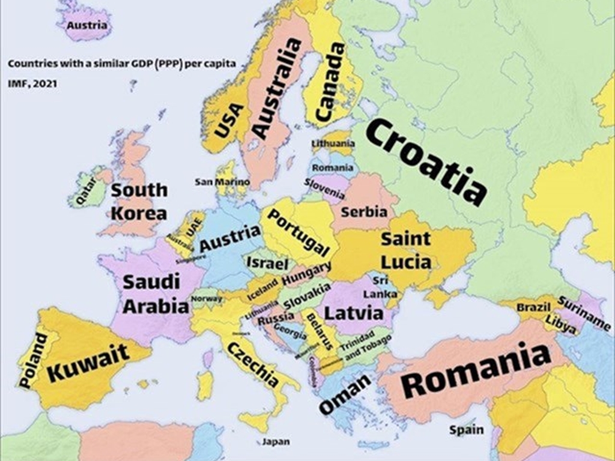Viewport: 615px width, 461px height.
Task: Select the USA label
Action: (x=229, y=120)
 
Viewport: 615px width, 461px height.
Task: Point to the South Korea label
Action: (x=139, y=201)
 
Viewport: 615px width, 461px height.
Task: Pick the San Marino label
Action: (x=222, y=181)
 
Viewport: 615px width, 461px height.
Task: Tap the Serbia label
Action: (x=364, y=212)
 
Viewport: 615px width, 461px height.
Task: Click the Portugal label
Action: (x=298, y=233)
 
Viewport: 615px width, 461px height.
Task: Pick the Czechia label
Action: (x=253, y=365)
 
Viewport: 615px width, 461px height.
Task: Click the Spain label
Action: (x=466, y=430)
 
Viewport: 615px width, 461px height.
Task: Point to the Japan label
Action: (x=276, y=442)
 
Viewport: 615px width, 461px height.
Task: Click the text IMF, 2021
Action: (x=32, y=84)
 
